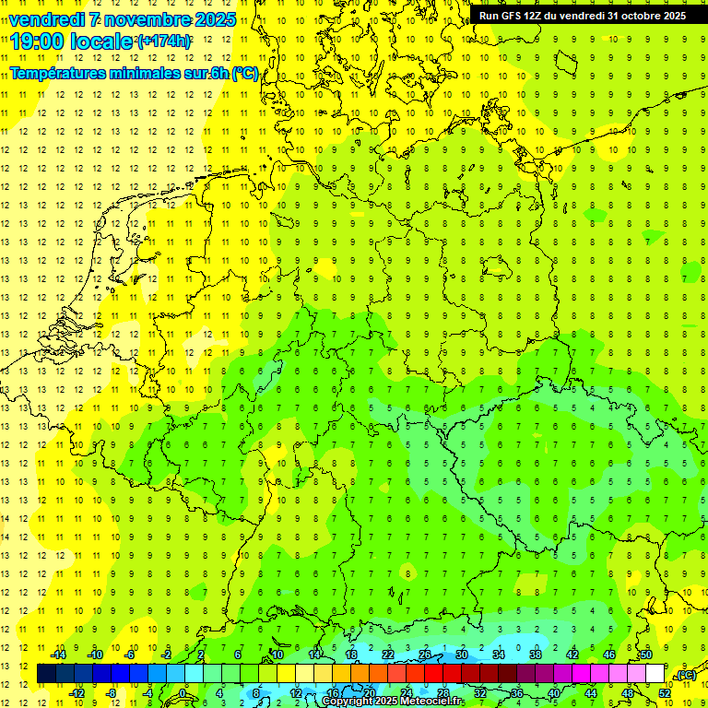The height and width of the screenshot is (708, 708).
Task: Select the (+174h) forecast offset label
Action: [164, 41]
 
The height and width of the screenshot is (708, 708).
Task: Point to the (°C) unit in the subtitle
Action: [245, 73]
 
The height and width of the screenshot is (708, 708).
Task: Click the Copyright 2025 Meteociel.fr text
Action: [393, 702]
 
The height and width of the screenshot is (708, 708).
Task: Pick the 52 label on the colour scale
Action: [664, 692]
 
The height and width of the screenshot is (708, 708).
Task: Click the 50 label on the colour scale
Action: [646, 655]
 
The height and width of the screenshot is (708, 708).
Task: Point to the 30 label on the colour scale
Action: [461, 655]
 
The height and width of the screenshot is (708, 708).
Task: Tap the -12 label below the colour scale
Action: [77, 692]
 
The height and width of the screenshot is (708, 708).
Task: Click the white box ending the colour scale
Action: [655, 674]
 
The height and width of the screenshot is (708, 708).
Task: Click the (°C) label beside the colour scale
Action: [685, 676]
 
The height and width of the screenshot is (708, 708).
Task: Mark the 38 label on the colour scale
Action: [536, 655]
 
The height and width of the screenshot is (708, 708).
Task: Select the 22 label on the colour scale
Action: [387, 655]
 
